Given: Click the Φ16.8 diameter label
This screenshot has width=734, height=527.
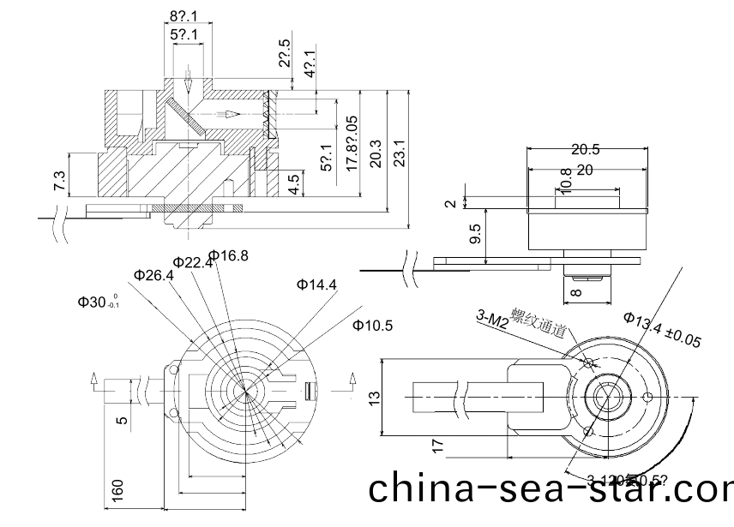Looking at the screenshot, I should (229, 255).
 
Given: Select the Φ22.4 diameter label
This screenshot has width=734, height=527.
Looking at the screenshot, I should (193, 263).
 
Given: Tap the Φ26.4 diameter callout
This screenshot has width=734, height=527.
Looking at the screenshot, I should (154, 275).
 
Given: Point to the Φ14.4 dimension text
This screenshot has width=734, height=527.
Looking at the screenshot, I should (316, 284).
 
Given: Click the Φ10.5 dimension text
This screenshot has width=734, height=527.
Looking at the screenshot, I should (372, 325).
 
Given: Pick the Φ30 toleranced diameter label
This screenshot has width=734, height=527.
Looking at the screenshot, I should (99, 302).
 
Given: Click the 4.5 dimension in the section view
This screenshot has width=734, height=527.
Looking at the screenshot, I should (295, 183).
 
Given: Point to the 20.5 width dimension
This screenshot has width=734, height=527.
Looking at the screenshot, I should (586, 149).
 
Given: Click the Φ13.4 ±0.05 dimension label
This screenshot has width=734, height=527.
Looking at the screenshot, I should (662, 330).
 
